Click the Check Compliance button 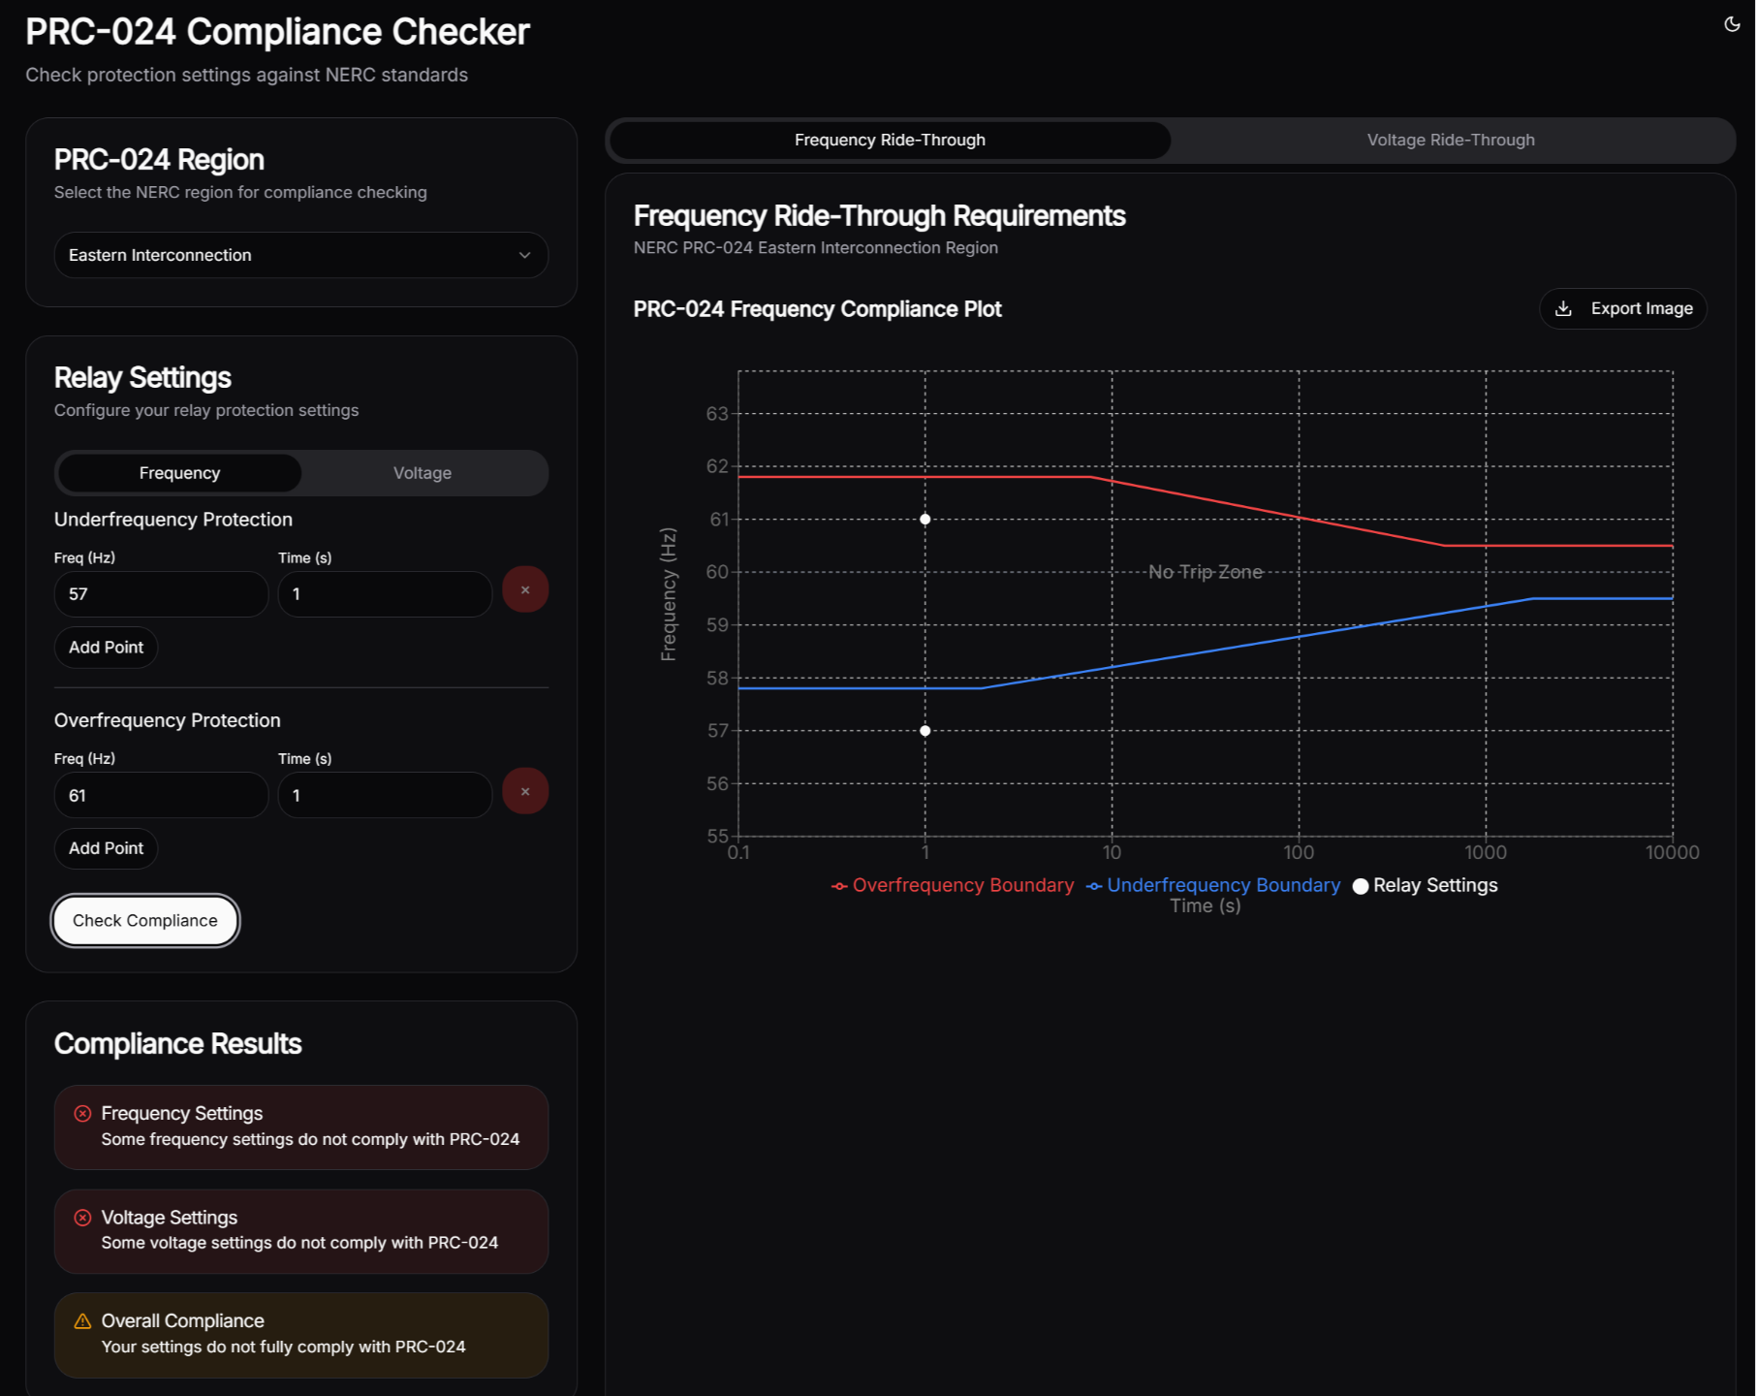(145, 920)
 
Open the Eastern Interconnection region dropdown (300, 255)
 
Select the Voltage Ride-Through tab (1450, 140)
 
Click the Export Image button (1623, 308)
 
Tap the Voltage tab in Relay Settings (422, 473)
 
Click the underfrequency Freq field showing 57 (161, 593)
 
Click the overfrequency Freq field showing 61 (161, 795)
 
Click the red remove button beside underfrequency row (525, 589)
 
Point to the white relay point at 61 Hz (925, 520)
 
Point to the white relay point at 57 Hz (925, 731)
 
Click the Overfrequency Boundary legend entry (954, 885)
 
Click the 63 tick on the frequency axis (717, 414)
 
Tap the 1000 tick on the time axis (1486, 852)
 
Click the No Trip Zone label (1206, 572)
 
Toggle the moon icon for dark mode (1732, 24)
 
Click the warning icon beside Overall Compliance (83, 1320)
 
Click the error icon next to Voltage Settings (83, 1218)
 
